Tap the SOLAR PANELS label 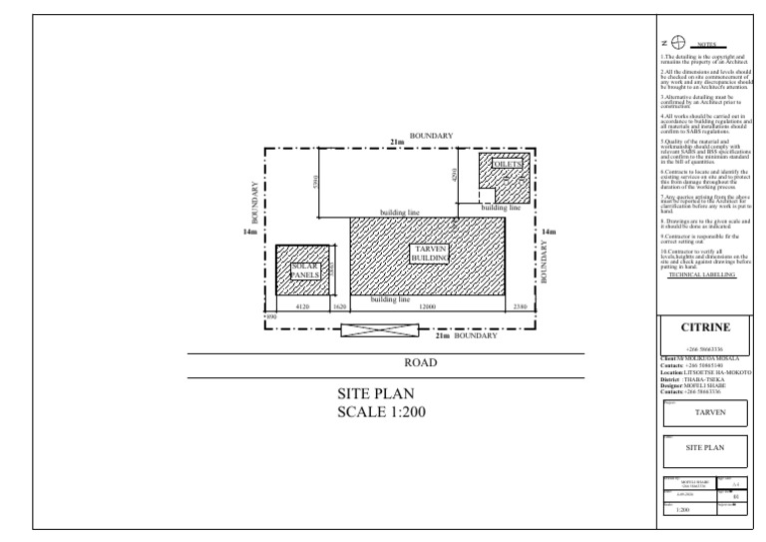point(304,271)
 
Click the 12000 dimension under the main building point(427,307)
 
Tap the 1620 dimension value point(339,307)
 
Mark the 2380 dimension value point(520,307)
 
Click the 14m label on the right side point(548,233)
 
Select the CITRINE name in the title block point(705,327)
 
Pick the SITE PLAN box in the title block point(708,448)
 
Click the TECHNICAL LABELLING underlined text point(704,272)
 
